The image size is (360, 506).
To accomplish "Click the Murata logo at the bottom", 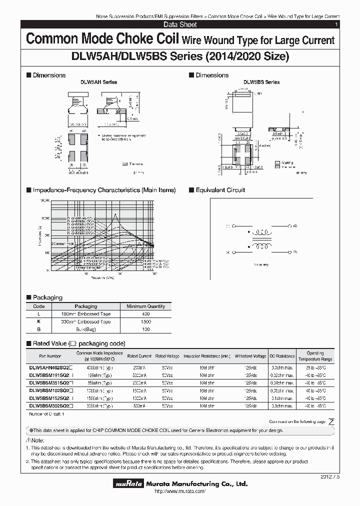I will [x=129, y=484].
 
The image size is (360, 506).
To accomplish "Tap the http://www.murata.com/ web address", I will [x=180, y=492].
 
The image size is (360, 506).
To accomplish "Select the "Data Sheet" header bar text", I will [x=180, y=24].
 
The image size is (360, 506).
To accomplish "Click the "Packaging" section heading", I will [x=47, y=297].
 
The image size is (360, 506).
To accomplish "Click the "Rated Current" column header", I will [x=139, y=356].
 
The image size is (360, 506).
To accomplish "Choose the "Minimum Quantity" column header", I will [x=145, y=306].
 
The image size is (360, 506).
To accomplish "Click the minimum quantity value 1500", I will [x=145, y=321].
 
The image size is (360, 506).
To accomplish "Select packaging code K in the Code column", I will [x=38, y=321].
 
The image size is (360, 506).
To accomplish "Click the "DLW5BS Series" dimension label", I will [x=261, y=82].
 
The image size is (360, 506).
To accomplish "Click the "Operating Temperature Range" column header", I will [x=315, y=356].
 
